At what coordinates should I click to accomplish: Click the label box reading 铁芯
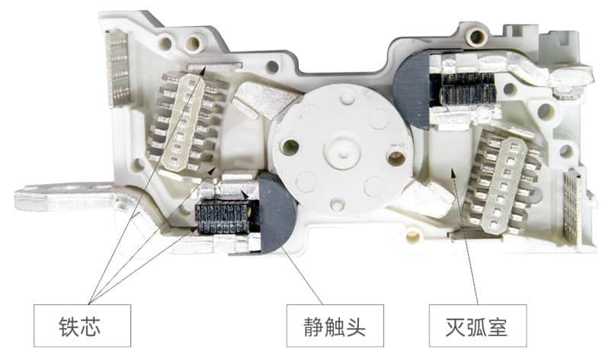82,326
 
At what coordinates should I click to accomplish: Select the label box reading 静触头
335,326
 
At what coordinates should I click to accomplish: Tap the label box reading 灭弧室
478,326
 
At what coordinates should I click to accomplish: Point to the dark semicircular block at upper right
411,90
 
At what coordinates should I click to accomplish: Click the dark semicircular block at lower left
276,213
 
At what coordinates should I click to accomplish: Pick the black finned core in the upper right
468,89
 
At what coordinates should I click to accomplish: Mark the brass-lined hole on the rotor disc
396,158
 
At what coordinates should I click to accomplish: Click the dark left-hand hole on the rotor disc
290,147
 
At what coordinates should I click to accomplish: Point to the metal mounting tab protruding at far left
66,197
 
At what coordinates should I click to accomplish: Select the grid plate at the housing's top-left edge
117,69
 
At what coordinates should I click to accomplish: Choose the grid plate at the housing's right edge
572,207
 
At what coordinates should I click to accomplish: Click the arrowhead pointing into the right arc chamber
452,173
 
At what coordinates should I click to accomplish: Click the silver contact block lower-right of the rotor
423,199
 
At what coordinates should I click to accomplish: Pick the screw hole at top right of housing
476,37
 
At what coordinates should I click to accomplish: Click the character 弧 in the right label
477,326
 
